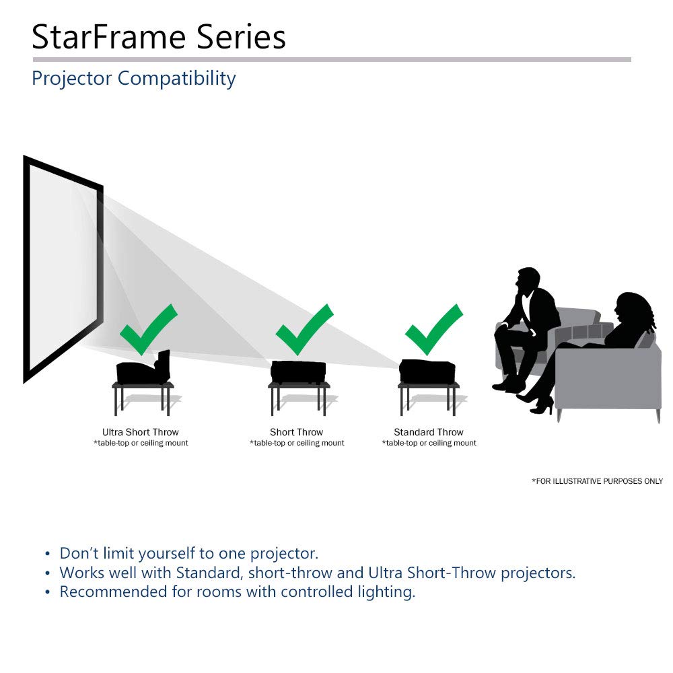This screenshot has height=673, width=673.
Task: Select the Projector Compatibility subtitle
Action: [x=133, y=78]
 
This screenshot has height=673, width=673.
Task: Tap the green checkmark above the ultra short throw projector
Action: [x=146, y=329]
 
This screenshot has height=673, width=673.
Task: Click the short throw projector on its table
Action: [x=298, y=371]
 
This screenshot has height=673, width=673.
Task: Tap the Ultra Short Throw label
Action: [x=141, y=432]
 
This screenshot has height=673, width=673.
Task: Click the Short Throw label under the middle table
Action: [x=297, y=432]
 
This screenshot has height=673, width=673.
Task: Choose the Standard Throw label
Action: [x=429, y=432]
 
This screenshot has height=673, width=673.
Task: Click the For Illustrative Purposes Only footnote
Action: [x=597, y=481]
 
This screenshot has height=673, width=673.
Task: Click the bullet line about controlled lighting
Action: [x=237, y=592]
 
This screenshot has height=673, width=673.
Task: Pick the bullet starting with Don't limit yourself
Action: [x=188, y=554]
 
